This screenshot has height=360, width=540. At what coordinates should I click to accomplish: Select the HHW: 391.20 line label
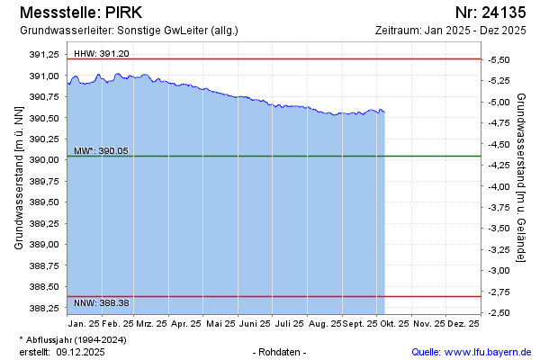click(x=102, y=54)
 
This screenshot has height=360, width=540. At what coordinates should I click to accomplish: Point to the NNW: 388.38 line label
click(x=102, y=301)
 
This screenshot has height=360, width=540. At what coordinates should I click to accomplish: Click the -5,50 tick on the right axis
click(x=499, y=59)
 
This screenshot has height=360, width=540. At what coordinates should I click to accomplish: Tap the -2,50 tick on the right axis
click(x=499, y=312)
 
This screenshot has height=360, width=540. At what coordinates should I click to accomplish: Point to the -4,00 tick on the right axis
click(x=499, y=186)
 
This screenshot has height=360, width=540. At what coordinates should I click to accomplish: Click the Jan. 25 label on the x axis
click(x=83, y=323)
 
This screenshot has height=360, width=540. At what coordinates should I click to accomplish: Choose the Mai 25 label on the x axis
click(x=220, y=323)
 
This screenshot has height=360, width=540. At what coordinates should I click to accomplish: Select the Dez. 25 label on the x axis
click(x=463, y=323)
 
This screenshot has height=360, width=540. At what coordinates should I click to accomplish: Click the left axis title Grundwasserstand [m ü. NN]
click(x=18, y=177)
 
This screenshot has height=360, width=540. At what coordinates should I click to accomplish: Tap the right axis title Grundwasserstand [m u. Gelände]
click(x=521, y=177)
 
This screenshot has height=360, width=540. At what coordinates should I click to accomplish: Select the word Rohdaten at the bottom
click(x=281, y=351)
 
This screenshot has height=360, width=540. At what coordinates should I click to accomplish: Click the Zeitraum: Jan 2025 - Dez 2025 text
click(x=450, y=31)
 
